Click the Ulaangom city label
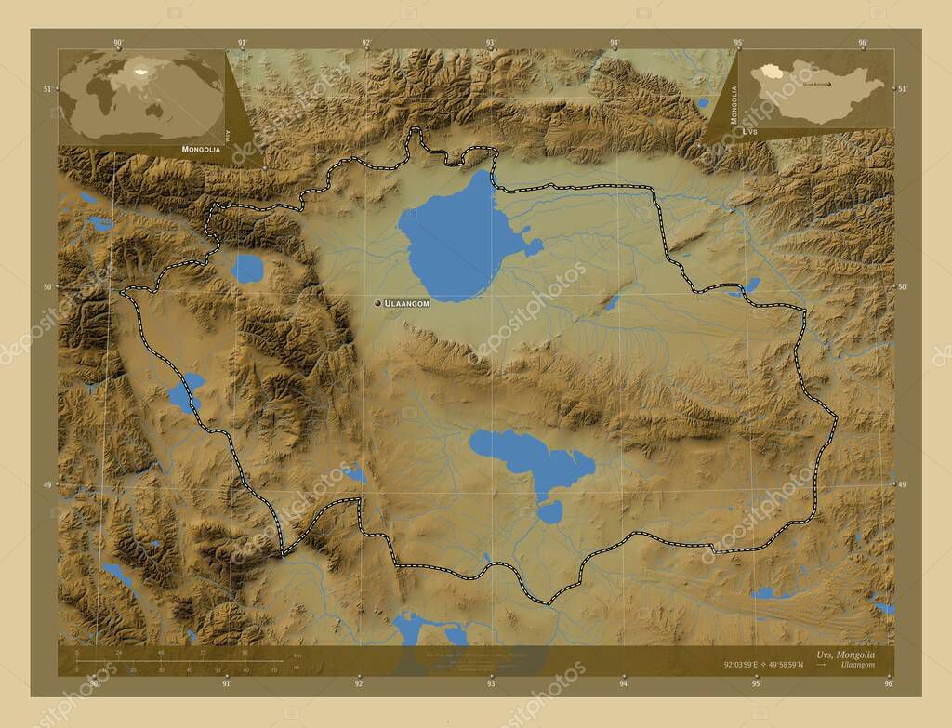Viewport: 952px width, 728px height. click(407, 303)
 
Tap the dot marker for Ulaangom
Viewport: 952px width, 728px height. click(377, 303)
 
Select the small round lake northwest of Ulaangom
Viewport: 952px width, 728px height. click(247, 269)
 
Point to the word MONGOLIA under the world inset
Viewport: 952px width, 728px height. click(201, 149)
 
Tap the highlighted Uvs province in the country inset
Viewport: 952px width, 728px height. click(768, 71)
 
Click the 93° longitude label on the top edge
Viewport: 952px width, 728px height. click(490, 43)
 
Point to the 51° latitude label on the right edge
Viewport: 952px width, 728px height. click(902, 88)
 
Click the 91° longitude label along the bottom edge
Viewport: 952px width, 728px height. click(226, 683)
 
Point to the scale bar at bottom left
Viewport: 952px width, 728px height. click(177, 661)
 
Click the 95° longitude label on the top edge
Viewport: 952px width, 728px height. click(738, 43)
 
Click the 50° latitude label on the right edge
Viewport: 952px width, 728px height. click(902, 286)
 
